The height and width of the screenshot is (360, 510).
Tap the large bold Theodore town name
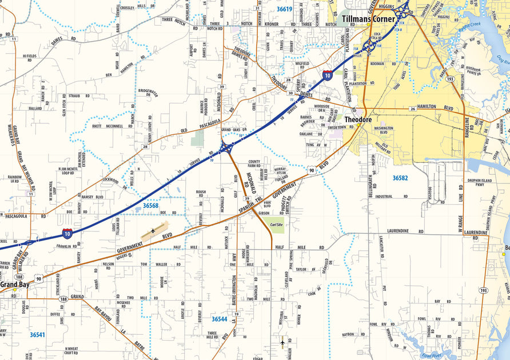pos(358,120)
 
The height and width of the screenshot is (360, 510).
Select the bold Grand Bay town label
pos(14,284)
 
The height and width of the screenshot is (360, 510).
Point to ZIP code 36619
pos(284,9)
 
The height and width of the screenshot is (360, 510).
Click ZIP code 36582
pos(400,178)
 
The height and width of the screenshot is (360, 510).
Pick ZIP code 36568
pos(150,205)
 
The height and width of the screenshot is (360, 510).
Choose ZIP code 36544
pos(219,319)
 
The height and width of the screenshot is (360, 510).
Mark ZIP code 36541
pos(38,334)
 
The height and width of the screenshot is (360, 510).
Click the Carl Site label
pos(277,225)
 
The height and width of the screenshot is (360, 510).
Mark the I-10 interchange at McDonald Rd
pos(226,149)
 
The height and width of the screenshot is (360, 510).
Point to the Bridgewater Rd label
pos(148,93)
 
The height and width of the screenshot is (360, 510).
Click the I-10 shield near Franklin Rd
pos(67,233)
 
